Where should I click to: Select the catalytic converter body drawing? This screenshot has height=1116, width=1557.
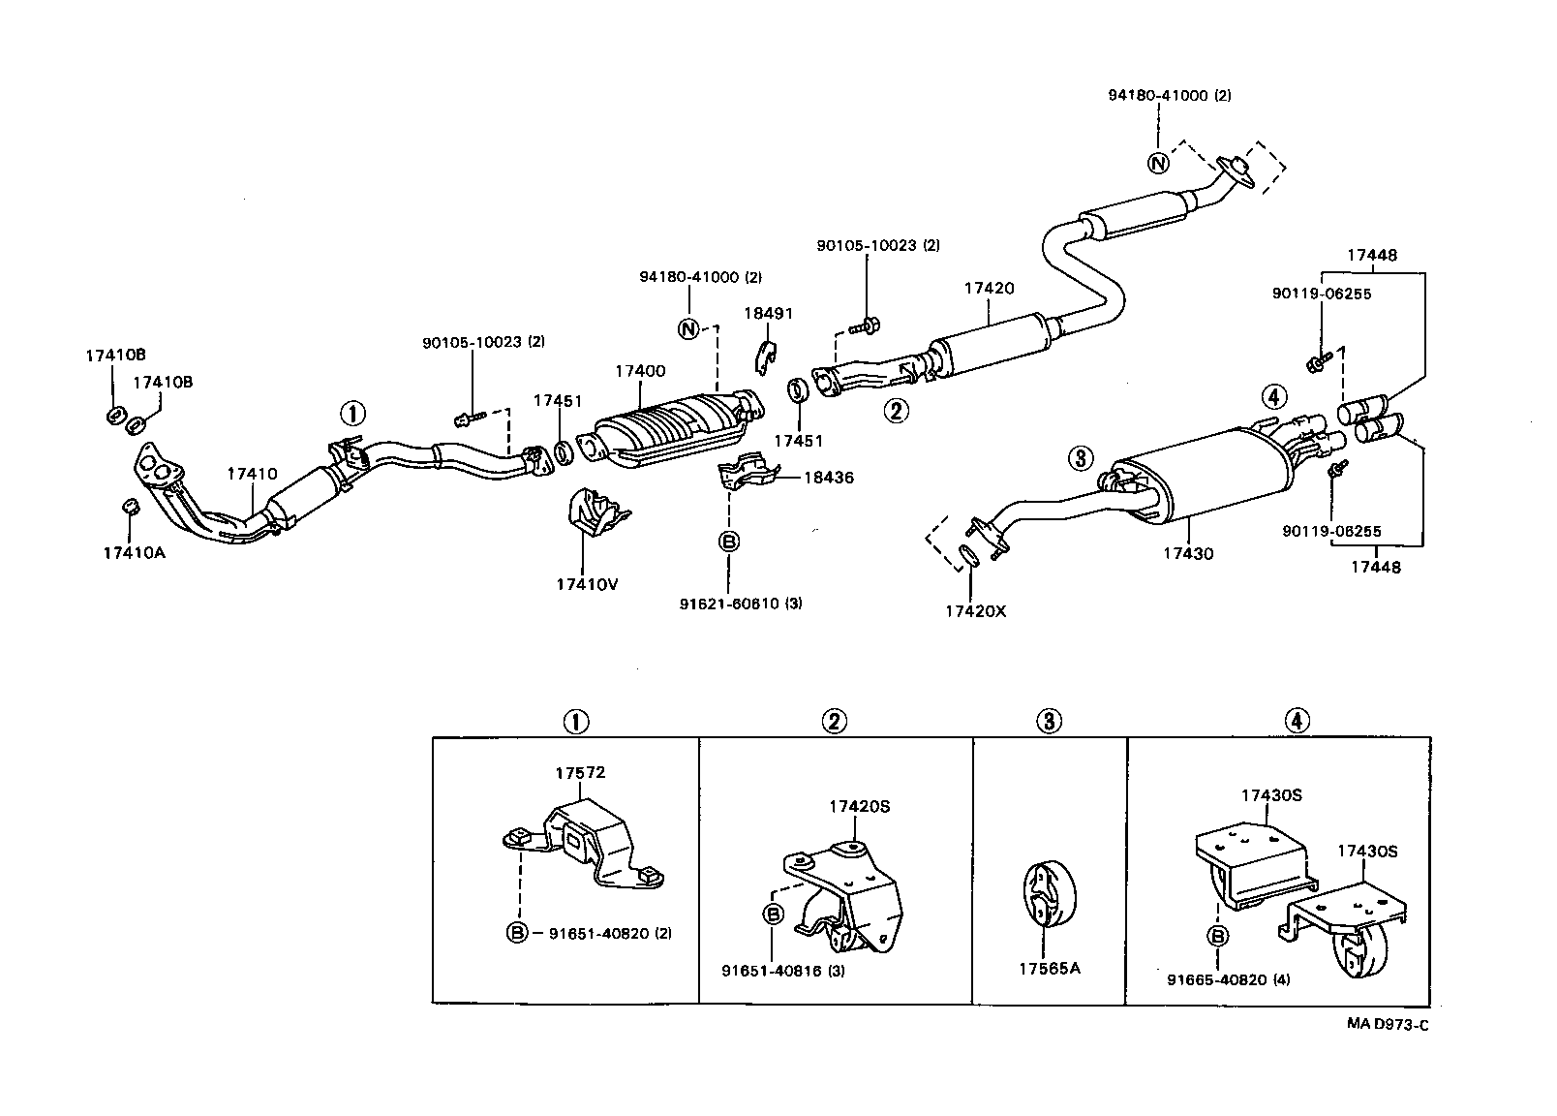click(668, 431)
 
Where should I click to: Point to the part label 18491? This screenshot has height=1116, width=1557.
click(768, 313)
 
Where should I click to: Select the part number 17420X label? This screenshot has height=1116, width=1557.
click(975, 611)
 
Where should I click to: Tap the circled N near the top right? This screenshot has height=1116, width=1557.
click(1158, 164)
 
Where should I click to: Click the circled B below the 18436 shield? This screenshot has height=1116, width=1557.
click(729, 542)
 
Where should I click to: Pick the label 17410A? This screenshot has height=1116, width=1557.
click(134, 553)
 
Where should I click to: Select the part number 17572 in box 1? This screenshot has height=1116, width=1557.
click(580, 773)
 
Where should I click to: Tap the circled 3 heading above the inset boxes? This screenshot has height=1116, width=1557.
click(1049, 721)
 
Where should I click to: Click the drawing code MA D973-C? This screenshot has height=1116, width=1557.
click(1386, 1025)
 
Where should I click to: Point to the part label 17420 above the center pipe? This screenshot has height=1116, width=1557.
click(989, 288)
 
